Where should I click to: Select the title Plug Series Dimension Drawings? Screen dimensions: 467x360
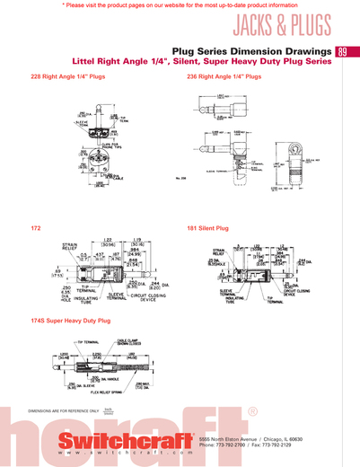click(x=250, y=52)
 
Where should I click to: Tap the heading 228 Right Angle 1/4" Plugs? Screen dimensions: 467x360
click(x=68, y=77)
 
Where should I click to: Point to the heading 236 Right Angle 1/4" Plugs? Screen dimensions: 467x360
click(x=224, y=77)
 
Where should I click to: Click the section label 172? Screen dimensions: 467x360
click(x=36, y=228)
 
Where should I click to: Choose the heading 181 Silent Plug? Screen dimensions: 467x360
click(x=207, y=228)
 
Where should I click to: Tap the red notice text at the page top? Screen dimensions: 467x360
click(x=180, y=5)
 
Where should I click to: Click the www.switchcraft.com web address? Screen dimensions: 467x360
click(x=126, y=455)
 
